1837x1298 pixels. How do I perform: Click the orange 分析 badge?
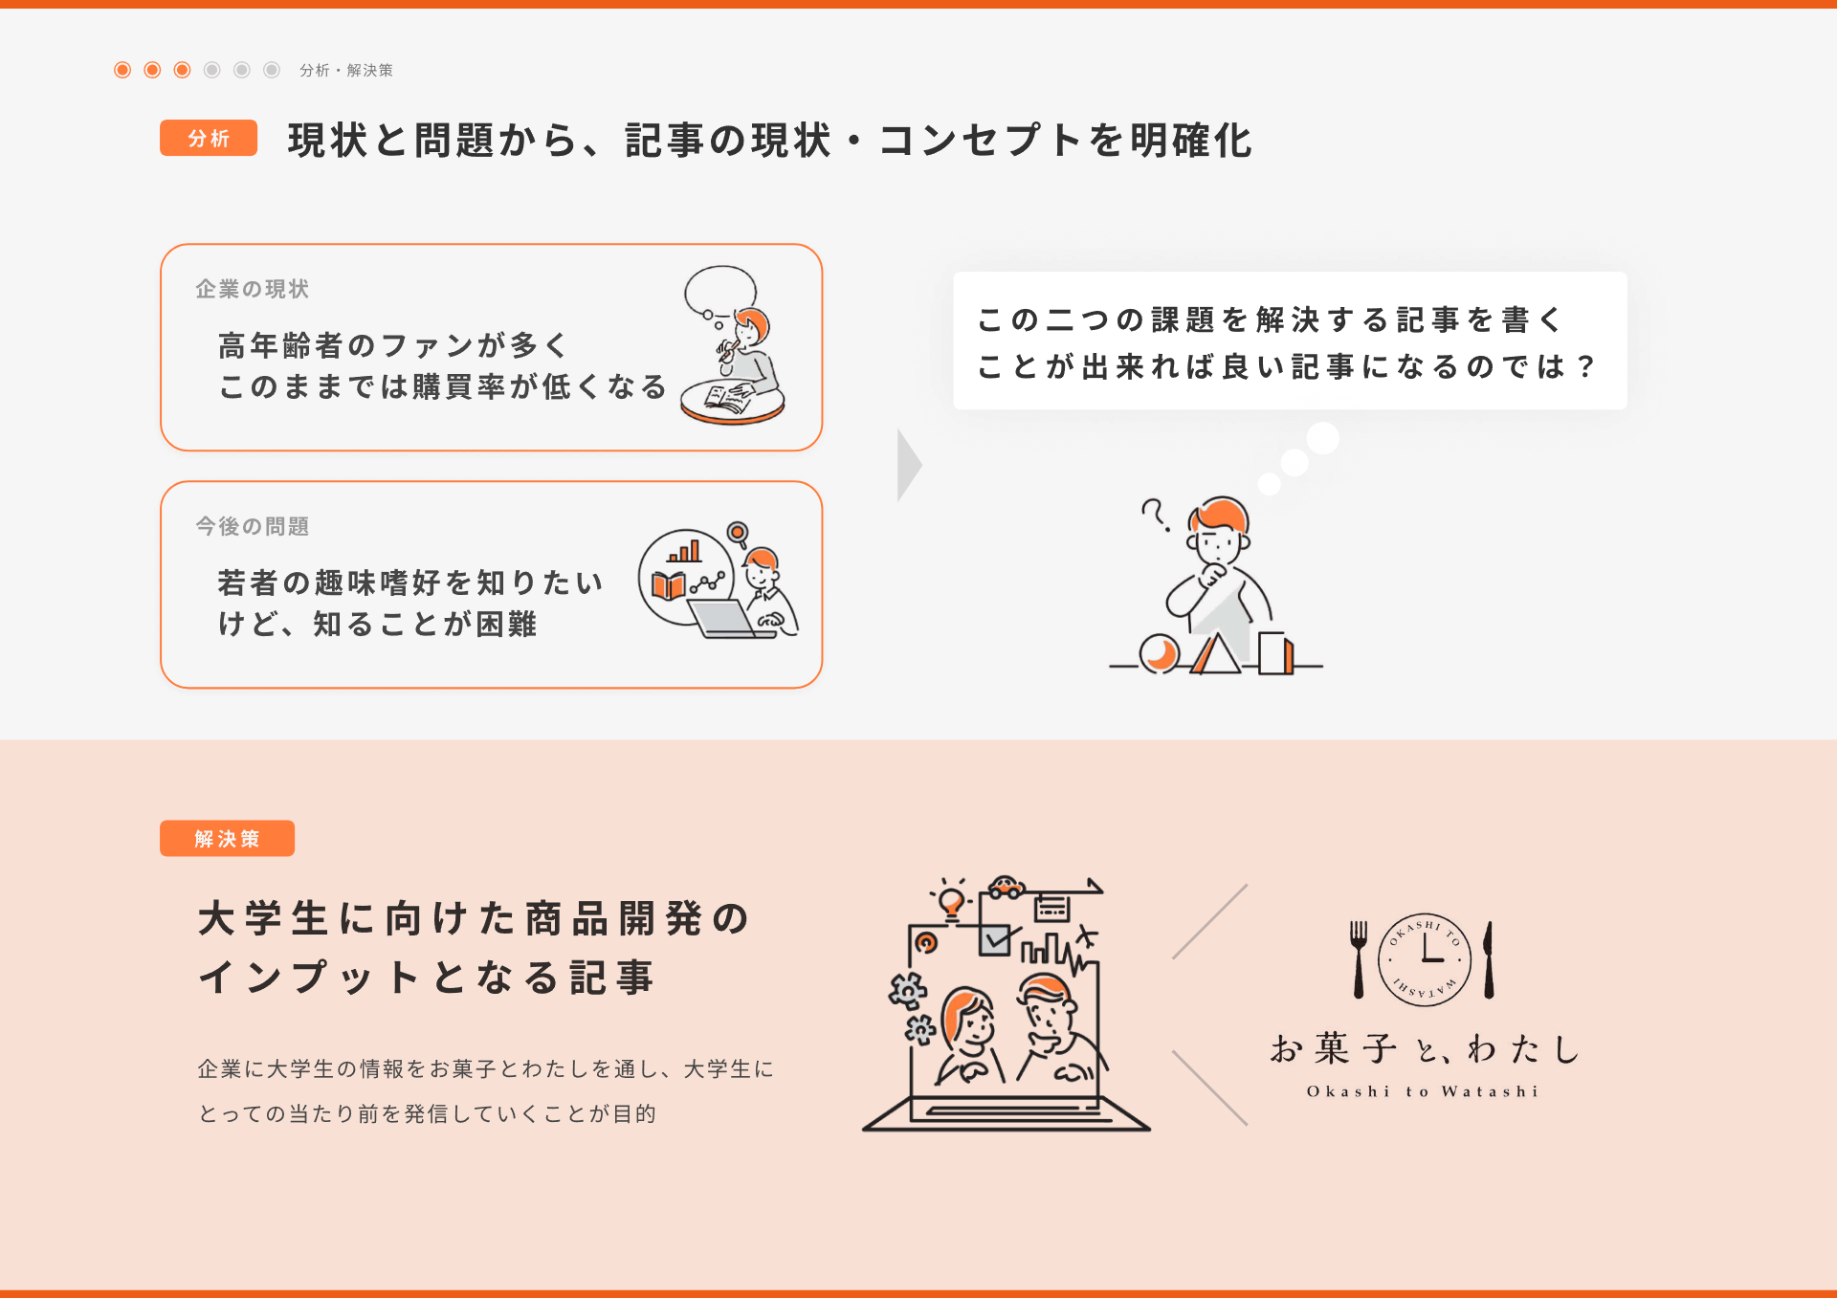[209, 138]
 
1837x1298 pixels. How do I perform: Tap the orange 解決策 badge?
[227, 838]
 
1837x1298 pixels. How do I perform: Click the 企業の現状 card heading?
[253, 289]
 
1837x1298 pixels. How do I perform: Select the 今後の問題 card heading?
[253, 526]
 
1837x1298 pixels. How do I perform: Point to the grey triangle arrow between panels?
[908, 465]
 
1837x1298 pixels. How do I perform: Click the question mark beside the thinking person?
[1155, 514]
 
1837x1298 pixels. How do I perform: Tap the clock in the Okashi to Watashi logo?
[1424, 959]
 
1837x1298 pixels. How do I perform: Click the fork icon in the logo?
[1359, 959]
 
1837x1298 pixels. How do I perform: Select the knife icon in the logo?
[1489, 959]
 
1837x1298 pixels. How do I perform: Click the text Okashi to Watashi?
[1423, 1091]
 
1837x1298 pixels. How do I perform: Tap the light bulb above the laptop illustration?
[951, 900]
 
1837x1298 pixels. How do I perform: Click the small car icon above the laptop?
[1007, 888]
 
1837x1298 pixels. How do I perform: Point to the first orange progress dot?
[122, 70]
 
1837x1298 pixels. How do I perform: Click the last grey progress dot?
[272, 70]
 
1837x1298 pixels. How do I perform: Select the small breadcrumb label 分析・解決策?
[345, 70]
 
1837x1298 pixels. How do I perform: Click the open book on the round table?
[726, 397]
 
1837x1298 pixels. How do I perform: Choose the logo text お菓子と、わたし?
[1424, 1048]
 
